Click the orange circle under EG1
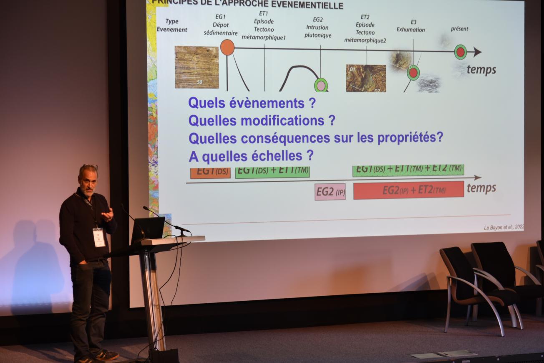[x=227, y=48]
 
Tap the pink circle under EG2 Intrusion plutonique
[x=321, y=85]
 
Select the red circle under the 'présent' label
[x=460, y=52]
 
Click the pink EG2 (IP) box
[x=330, y=192]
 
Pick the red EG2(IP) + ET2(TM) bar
[x=408, y=190]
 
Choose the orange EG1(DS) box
[x=210, y=173]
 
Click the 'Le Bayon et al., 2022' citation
[x=504, y=227]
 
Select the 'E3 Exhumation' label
[x=411, y=26]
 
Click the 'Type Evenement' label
[x=172, y=25]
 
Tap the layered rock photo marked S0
[x=197, y=67]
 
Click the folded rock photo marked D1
[x=366, y=78]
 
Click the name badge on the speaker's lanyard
[x=99, y=237]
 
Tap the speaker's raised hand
[x=108, y=214]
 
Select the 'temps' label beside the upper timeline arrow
[x=481, y=70]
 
